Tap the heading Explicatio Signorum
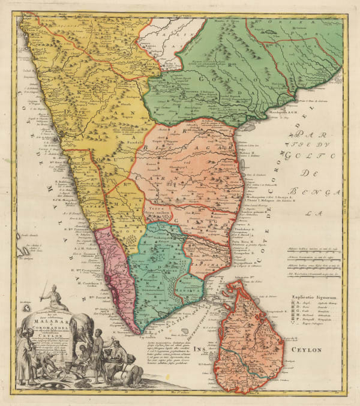coord(312,296)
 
